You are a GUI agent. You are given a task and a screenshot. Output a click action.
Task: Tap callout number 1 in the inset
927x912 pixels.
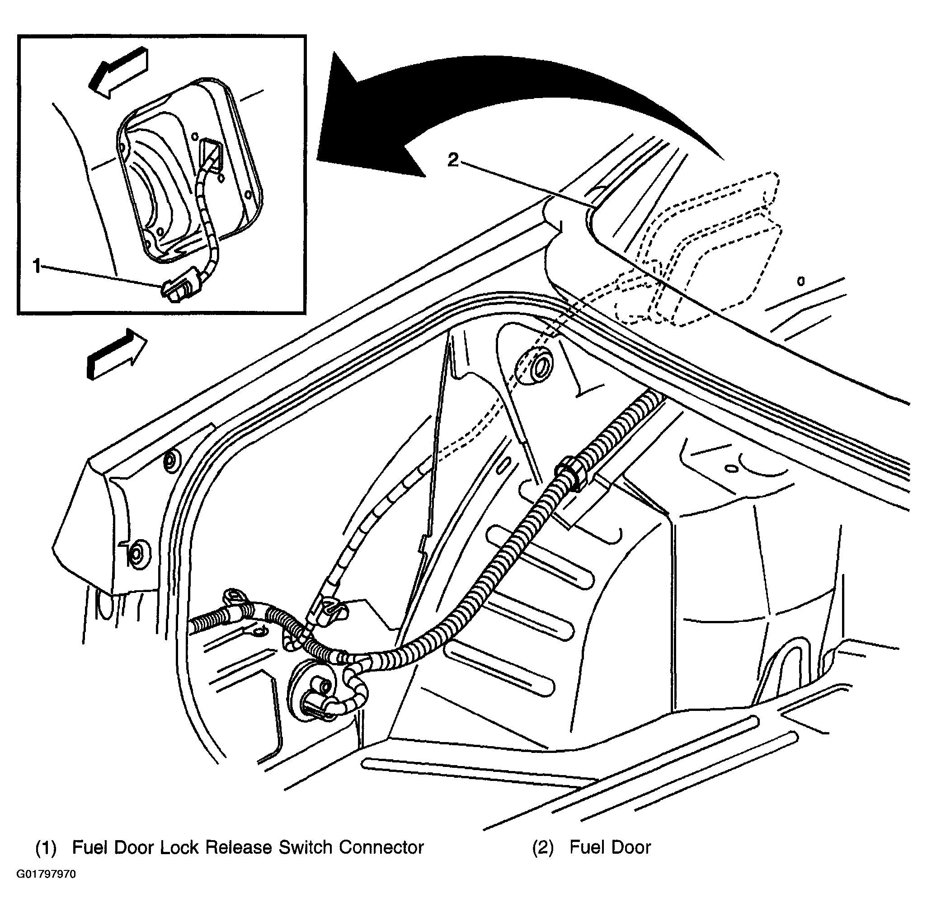(x=38, y=266)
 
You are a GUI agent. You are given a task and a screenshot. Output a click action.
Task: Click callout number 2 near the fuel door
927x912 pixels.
(x=453, y=160)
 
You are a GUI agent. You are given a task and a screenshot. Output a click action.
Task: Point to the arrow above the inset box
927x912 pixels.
(x=118, y=72)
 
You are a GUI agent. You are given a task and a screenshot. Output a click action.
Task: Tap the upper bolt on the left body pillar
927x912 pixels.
(x=170, y=461)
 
